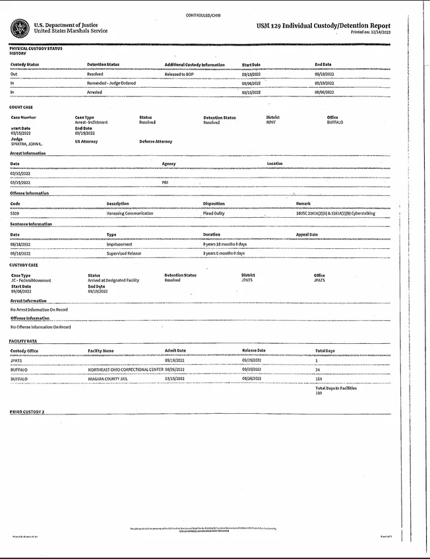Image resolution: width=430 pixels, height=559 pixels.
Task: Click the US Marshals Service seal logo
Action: coord(20,28)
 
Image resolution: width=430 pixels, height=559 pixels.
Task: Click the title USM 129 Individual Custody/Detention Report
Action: coord(323,26)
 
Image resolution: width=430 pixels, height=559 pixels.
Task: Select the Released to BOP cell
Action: coord(181,75)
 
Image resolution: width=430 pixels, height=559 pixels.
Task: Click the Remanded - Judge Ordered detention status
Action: coord(111,83)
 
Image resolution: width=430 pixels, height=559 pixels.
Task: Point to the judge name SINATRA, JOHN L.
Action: coord(26,144)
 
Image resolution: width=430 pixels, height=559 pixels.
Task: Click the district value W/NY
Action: coord(271,122)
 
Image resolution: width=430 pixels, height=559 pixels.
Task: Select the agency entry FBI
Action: coord(166,182)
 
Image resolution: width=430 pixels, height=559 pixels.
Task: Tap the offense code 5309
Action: coord(15,213)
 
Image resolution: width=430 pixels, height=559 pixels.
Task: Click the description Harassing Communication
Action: coord(130,213)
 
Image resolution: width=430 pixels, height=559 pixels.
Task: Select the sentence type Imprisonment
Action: coord(119,244)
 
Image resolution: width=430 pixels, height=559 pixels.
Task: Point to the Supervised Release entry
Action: coord(124,253)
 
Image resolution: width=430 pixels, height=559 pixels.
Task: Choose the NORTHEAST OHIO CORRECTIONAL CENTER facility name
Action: coord(125,370)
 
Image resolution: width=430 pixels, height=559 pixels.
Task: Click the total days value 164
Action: coord(319,379)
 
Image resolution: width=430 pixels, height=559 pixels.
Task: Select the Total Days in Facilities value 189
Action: coord(319,393)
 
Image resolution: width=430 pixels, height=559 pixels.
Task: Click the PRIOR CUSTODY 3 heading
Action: coord(27,411)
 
